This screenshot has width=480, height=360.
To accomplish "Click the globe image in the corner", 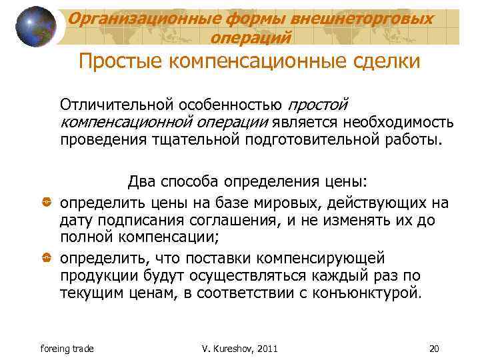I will pos(35,27).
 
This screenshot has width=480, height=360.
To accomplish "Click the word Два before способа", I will pos(141,181).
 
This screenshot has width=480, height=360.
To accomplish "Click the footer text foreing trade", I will pos(67,349).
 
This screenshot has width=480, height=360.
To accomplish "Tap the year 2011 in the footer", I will pos(265,349).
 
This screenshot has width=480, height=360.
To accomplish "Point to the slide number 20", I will pos(436,349).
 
